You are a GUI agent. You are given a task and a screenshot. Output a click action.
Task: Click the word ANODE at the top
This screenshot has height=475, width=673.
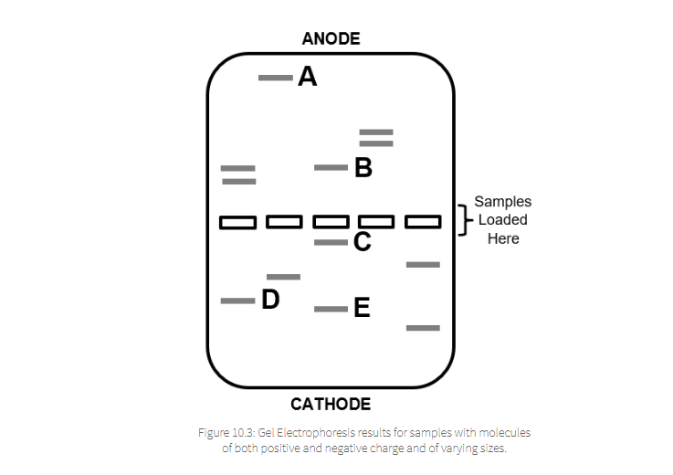331,38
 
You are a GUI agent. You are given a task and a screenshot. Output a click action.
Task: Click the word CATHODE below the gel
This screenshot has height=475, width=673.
331,404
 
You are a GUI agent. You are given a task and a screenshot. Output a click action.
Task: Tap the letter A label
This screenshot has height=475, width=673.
307,77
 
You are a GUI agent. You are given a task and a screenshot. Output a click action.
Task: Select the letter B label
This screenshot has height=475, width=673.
363,168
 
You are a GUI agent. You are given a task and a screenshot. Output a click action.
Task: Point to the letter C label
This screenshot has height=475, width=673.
362,242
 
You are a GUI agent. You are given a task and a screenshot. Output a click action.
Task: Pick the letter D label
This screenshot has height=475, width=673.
270,300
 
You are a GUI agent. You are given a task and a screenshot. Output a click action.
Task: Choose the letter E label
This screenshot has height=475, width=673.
362,309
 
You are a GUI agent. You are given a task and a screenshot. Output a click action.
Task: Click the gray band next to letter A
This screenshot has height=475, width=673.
275,78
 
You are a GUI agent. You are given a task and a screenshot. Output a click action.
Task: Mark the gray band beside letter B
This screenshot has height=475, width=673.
331,168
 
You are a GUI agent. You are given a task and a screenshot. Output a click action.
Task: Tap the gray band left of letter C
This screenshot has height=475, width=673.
331,242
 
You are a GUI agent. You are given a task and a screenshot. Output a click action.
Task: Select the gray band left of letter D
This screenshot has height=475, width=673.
237,301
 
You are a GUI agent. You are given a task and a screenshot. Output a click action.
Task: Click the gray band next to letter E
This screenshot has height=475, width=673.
331,309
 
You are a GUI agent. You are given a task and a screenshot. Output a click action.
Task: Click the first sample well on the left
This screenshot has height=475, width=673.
237,222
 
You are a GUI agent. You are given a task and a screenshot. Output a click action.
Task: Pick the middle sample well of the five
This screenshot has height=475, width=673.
331,222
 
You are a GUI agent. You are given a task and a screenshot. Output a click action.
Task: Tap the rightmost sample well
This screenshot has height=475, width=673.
423,222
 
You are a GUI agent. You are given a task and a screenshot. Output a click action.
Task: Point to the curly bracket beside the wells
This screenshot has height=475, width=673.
462,220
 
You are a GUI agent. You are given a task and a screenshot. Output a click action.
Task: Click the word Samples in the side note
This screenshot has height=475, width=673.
502,202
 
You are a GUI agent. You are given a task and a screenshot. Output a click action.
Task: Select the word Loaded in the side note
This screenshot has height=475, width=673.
502,220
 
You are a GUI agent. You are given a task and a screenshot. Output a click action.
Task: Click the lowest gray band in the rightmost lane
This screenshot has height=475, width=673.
423,327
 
